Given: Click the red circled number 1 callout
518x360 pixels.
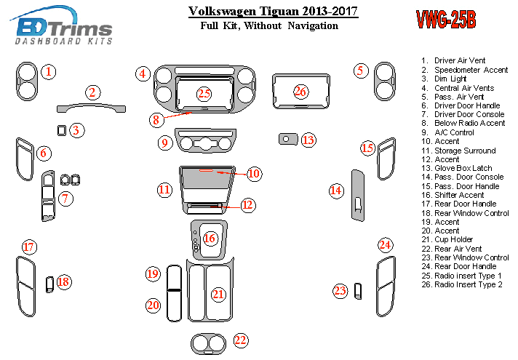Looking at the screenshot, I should click(47, 71).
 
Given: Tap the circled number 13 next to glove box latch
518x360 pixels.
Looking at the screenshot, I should click(308, 140).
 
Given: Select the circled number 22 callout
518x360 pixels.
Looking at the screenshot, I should click(241, 340).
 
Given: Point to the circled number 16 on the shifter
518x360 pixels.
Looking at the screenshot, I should click(210, 238).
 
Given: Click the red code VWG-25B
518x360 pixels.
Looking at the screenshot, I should click(446, 20).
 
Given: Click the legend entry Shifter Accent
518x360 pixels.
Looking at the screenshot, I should click(458, 195).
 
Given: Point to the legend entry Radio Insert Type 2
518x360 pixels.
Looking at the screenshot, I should click(469, 284).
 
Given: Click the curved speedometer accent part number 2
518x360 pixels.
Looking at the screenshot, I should click(91, 108).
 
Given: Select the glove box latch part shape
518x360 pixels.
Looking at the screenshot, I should click(287, 138).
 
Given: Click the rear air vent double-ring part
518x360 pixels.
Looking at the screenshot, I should click(210, 342).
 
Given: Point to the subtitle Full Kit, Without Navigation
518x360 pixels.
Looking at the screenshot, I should click(269, 25).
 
